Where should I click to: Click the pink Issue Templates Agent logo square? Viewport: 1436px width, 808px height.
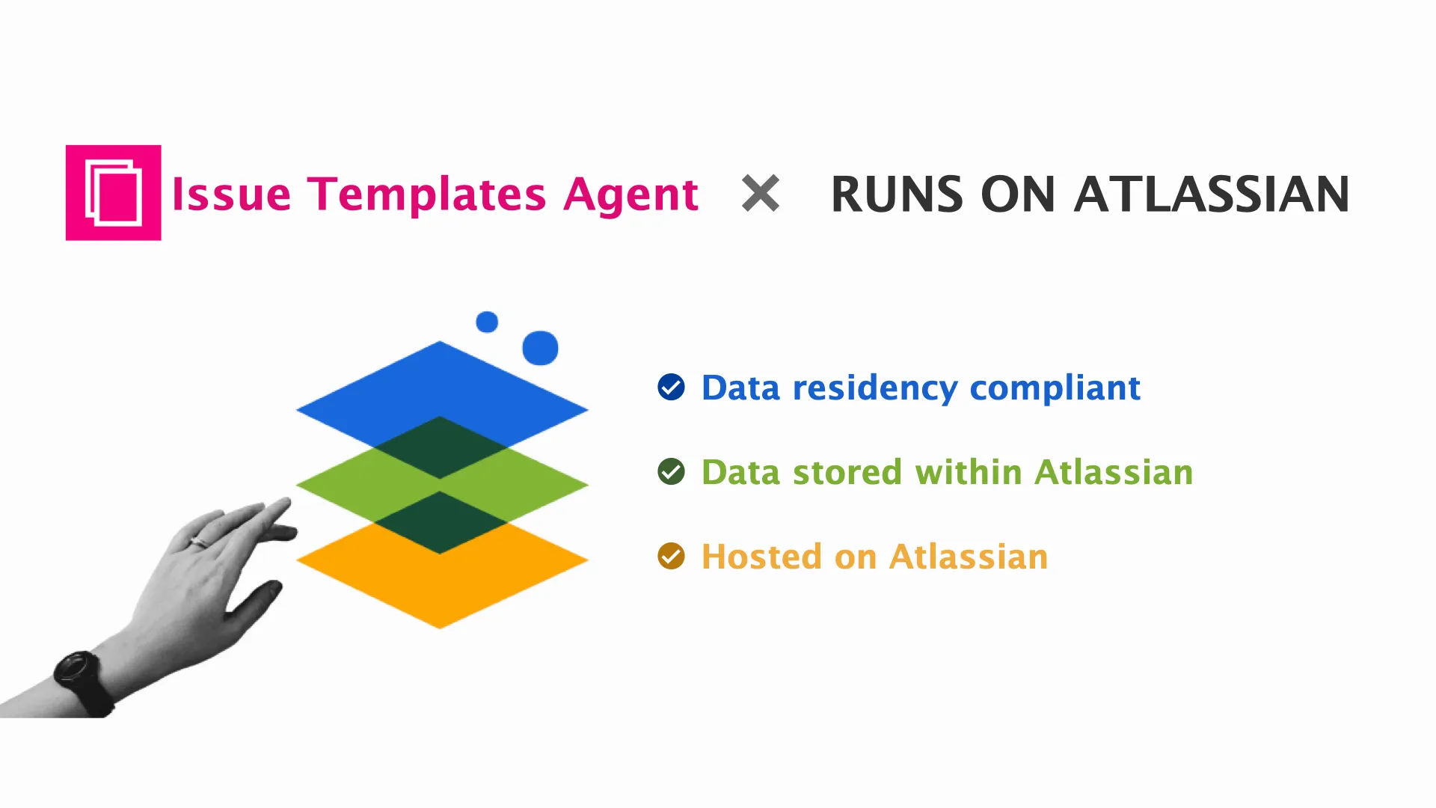(113, 192)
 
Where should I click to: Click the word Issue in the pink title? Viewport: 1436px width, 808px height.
(231, 195)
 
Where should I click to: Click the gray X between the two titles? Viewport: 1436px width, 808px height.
(761, 193)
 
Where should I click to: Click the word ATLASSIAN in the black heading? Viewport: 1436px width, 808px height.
(1212, 195)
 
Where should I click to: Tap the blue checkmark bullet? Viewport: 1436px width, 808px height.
(671, 388)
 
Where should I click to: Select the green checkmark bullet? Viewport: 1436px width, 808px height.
(671, 472)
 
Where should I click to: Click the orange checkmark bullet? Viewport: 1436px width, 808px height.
(671, 557)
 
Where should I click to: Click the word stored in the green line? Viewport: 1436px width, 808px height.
(847, 472)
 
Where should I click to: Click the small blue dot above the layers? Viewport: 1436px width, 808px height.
(487, 322)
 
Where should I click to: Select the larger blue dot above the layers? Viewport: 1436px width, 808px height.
(540, 348)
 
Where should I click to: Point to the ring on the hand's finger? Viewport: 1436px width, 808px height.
(200, 542)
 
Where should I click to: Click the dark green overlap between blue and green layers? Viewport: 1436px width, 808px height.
(440, 447)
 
